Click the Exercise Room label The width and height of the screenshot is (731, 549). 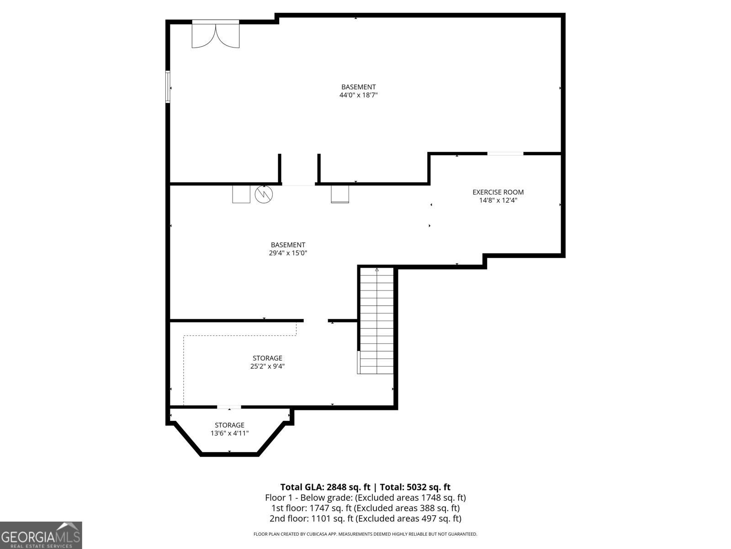tap(498, 192)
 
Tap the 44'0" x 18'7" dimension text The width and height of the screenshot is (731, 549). tap(358, 95)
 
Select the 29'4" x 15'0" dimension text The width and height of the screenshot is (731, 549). tap(288, 253)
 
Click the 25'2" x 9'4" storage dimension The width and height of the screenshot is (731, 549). tap(267, 366)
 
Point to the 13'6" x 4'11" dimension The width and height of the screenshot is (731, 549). tap(229, 433)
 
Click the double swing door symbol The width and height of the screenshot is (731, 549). tap(216, 35)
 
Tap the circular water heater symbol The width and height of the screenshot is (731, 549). tap(264, 194)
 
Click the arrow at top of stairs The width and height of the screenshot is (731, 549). tap(377, 270)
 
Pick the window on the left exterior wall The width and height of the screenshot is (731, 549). tap(168, 87)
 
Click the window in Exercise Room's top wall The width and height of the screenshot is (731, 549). tap(505, 154)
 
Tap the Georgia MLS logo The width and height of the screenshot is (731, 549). tap(41, 535)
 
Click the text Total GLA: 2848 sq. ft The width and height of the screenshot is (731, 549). tap(325, 487)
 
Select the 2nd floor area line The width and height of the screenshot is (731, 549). tap(365, 518)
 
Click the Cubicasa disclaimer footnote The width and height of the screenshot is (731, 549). tap(365, 534)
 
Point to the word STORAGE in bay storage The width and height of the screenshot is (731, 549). tap(229, 425)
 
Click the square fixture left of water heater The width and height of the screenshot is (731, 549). tap(241, 194)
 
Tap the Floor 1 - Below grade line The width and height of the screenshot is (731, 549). tap(365, 498)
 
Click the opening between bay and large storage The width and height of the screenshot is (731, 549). tap(229, 407)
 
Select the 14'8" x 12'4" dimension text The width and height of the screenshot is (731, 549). tap(498, 200)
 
